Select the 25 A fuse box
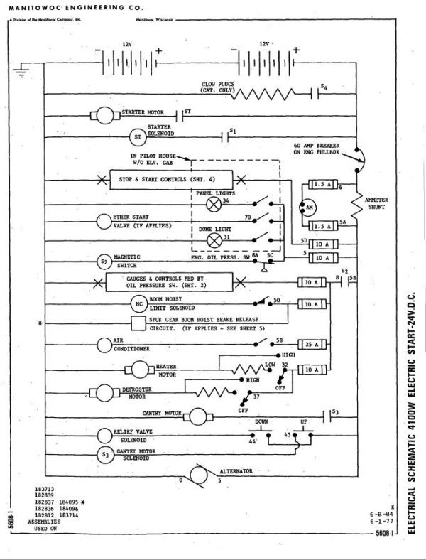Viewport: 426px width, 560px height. coord(311,344)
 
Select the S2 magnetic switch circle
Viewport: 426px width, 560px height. coord(104,261)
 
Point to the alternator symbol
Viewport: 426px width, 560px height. coord(199,474)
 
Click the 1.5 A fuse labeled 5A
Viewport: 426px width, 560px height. coord(321,226)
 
